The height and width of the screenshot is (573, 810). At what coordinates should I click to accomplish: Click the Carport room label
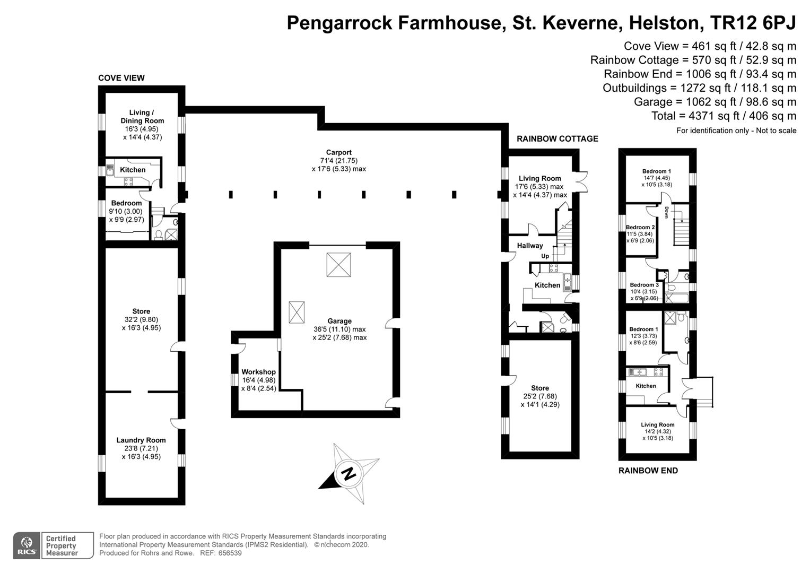[x=338, y=152]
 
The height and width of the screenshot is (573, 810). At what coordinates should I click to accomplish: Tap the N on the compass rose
[x=348, y=473]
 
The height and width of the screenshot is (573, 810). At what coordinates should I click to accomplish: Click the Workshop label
[x=258, y=372]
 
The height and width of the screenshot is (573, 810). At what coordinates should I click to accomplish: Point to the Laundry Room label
[x=141, y=440]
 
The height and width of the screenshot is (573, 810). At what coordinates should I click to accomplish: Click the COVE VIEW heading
[x=121, y=78]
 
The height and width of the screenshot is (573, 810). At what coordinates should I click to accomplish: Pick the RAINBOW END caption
[x=648, y=471]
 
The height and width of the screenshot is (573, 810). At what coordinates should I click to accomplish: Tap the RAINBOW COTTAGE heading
[x=557, y=139]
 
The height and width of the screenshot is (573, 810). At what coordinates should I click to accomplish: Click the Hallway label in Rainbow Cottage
[x=530, y=246]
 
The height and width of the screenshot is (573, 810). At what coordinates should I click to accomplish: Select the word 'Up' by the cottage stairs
[x=545, y=256]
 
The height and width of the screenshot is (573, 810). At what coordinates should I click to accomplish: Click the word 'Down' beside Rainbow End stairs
[x=666, y=212]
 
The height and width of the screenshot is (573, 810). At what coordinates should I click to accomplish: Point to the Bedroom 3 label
[x=644, y=285]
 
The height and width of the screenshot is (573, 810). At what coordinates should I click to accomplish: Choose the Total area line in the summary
[x=724, y=116]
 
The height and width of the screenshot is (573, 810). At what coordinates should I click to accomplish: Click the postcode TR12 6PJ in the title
[x=753, y=23]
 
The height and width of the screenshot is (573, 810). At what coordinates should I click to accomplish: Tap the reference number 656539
[x=230, y=553]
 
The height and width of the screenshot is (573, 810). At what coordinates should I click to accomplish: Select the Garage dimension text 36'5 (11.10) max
[x=339, y=329]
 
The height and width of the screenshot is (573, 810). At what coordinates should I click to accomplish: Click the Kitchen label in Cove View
[x=133, y=170]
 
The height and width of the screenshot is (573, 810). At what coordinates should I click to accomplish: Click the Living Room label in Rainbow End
[x=658, y=424]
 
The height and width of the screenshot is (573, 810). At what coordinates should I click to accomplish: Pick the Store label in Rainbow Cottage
[x=540, y=388]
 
